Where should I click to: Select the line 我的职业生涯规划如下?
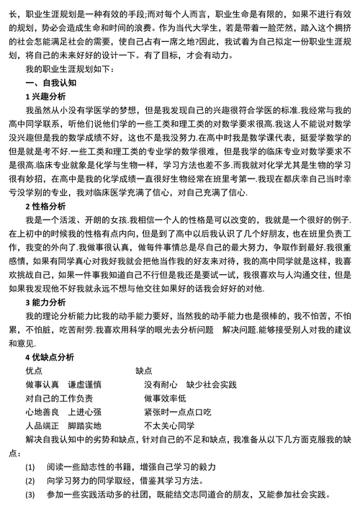coord(65,68)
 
